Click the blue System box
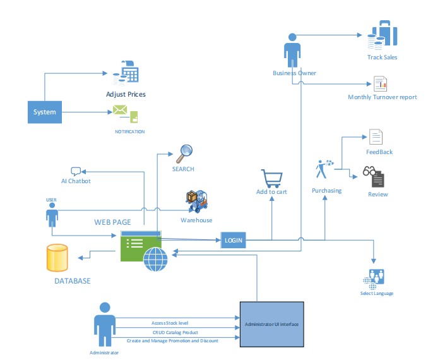(45, 112)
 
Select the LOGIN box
(233, 241)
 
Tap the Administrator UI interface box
(271, 325)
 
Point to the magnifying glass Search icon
(184, 153)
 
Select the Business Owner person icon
(292, 50)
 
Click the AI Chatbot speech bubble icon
(76, 171)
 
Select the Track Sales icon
(381, 37)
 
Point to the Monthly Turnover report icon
(380, 84)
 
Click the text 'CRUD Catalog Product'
(174, 331)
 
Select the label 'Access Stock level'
(174, 322)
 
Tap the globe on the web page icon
(155, 260)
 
